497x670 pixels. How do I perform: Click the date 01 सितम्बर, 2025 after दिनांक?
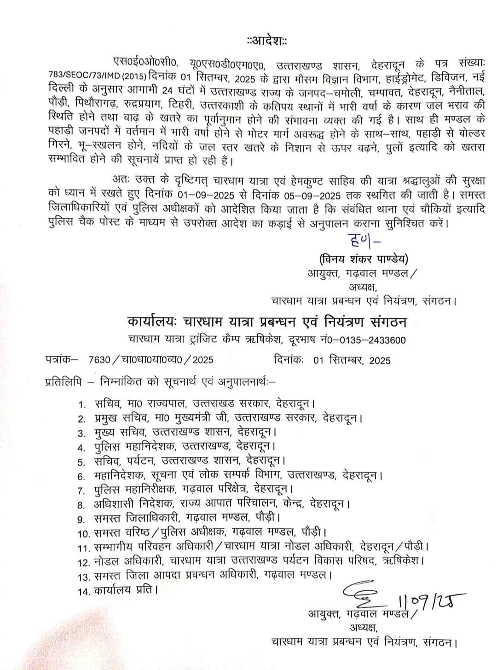tap(352, 360)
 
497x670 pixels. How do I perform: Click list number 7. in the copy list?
tap(82, 490)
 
